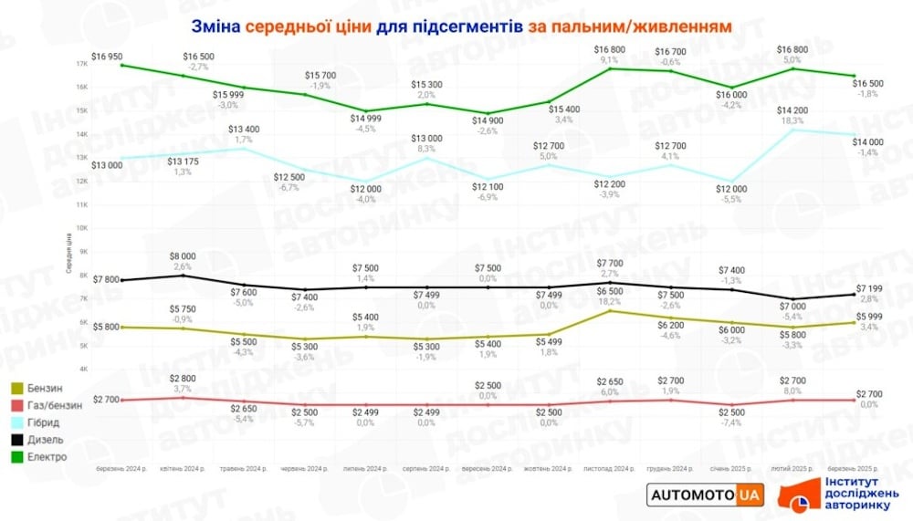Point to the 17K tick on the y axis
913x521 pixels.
coord(81,64)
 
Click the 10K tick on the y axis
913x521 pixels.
coord(81,228)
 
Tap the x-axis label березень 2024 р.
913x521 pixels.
coord(121,469)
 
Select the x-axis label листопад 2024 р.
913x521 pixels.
coord(610,469)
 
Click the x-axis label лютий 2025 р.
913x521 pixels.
coord(792,469)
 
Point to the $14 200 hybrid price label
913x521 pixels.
coord(792,110)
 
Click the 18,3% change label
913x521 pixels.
coord(792,120)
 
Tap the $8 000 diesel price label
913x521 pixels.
coord(183,256)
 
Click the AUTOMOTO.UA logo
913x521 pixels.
coord(704,495)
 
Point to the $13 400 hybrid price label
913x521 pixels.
coord(244,130)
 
